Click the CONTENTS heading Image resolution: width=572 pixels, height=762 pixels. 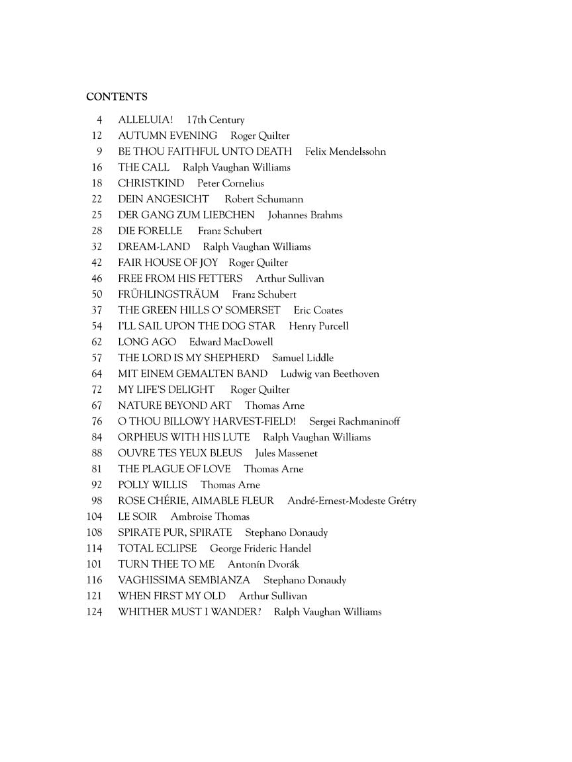coord(117,97)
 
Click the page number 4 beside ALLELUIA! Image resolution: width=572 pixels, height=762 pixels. coord(99,120)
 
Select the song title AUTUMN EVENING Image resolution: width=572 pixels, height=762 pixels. coord(167,136)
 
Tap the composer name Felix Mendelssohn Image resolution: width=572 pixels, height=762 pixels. coord(346,151)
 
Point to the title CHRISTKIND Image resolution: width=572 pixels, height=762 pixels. coord(151,183)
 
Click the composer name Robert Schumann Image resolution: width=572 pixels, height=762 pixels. coord(263,199)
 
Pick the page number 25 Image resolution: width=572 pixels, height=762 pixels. coord(97,215)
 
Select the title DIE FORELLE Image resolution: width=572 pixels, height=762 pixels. coord(150,231)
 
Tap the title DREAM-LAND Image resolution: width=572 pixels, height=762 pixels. coord(154,247)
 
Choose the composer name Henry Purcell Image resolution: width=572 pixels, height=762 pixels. coord(318,326)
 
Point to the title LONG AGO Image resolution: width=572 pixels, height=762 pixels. coord(147,342)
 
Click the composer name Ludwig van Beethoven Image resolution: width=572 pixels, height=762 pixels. coord(330,374)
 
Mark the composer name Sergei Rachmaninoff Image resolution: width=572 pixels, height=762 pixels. coord(355,421)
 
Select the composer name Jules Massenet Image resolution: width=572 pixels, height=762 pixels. coord(287,453)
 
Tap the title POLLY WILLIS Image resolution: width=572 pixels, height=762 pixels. coord(153,485)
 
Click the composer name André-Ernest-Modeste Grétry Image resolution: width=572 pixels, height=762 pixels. coord(352,501)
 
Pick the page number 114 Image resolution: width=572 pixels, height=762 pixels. coord(95,548)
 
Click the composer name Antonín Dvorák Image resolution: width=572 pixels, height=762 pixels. coord(263,564)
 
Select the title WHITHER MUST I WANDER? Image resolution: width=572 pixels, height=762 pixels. coord(189,612)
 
